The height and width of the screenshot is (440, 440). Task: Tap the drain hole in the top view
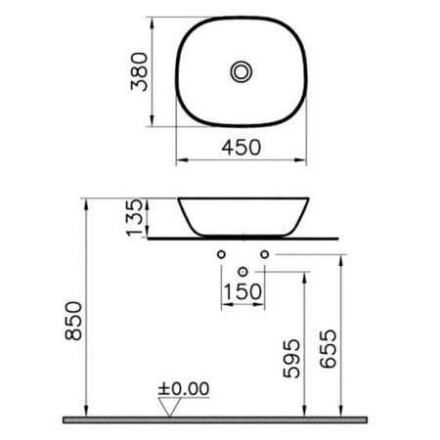239,70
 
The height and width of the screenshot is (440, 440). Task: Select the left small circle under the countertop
221,255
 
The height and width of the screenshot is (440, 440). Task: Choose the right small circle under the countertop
261,255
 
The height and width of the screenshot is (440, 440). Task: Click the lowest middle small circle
242,268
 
